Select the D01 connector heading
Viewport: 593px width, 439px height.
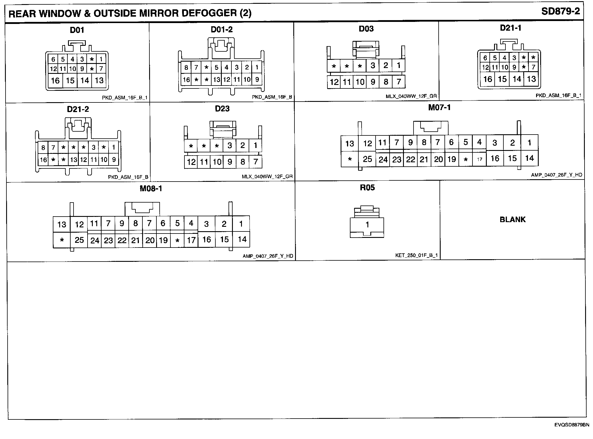77,30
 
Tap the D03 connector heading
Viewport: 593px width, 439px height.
366,29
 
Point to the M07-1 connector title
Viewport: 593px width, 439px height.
439,108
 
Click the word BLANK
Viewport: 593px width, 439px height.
512,219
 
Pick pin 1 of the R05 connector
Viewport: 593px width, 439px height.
367,224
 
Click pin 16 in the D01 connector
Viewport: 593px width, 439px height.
55,80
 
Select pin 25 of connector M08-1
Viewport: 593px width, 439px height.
79,240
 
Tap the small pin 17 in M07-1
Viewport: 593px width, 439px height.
479,159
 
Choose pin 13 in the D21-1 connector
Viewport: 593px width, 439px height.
531,79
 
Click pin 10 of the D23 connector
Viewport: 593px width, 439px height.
217,162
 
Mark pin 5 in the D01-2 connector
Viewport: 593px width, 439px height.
216,68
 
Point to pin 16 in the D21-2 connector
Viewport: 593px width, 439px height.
43,160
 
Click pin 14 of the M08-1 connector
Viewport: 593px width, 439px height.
242,240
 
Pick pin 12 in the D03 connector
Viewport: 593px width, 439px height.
334,82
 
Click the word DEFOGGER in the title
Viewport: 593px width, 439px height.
202,13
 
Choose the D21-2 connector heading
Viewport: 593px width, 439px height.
78,109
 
